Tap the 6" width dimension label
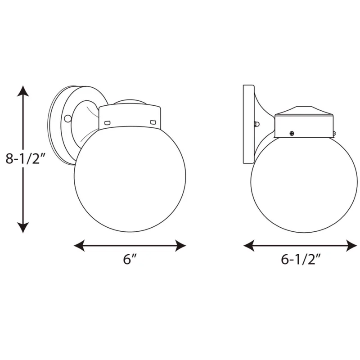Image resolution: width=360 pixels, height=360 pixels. tap(130, 260)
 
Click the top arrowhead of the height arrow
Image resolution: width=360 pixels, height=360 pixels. tap(23, 91)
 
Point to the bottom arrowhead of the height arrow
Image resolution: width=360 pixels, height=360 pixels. tap(23, 228)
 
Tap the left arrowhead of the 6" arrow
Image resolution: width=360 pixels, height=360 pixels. tap(79, 245)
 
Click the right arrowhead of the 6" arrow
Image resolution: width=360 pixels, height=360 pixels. tap(180, 245)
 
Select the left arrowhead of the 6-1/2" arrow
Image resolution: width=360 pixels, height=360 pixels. tap(249, 245)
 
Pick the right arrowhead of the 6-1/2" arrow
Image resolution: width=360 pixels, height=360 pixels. tap(351, 245)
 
